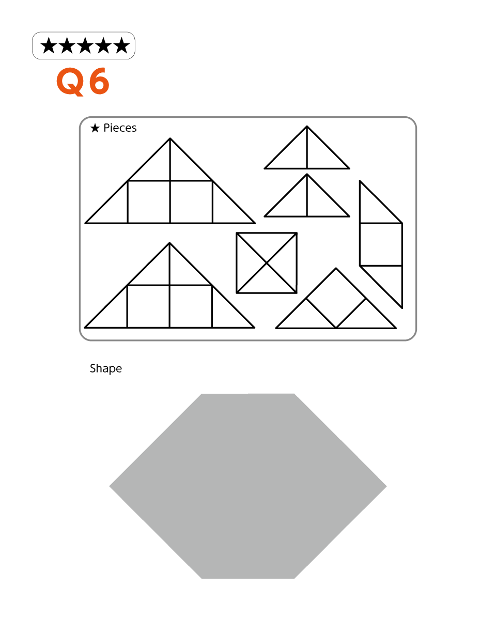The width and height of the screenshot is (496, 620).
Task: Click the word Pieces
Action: (120, 128)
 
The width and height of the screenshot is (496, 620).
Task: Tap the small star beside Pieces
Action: (95, 128)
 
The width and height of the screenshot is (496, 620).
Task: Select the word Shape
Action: (106, 369)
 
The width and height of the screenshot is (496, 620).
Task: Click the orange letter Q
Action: (71, 82)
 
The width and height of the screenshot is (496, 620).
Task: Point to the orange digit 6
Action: (99, 81)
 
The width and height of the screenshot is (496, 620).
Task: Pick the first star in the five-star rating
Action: (49, 45)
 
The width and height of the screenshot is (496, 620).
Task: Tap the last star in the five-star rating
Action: (121, 45)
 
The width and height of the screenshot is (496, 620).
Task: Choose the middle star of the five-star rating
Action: (85, 45)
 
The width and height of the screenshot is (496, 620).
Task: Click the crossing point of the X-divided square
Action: (267, 263)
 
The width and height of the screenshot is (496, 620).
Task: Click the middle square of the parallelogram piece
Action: (381, 244)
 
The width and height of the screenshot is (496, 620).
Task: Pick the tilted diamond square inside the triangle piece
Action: (336, 298)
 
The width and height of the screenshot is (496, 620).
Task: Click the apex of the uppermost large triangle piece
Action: (170, 138)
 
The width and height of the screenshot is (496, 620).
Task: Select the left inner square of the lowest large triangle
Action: (148, 306)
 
